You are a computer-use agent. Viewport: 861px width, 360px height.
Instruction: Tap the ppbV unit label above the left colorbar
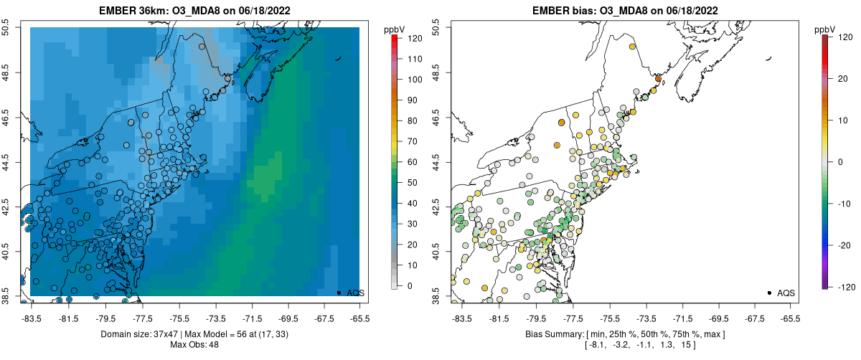395,29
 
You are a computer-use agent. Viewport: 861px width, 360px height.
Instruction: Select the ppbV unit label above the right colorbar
827,29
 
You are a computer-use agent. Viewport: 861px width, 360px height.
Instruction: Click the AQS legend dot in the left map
339,293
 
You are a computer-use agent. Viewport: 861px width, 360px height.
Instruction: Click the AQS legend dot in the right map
769,293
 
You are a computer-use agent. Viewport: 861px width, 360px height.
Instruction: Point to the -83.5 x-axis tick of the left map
32,318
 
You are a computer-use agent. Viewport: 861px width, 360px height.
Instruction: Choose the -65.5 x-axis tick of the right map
790,318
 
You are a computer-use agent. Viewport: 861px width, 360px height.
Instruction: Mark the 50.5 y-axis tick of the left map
7,27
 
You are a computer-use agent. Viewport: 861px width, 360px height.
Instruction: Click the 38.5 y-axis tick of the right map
438,295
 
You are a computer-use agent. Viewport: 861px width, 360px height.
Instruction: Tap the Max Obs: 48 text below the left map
194,346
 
